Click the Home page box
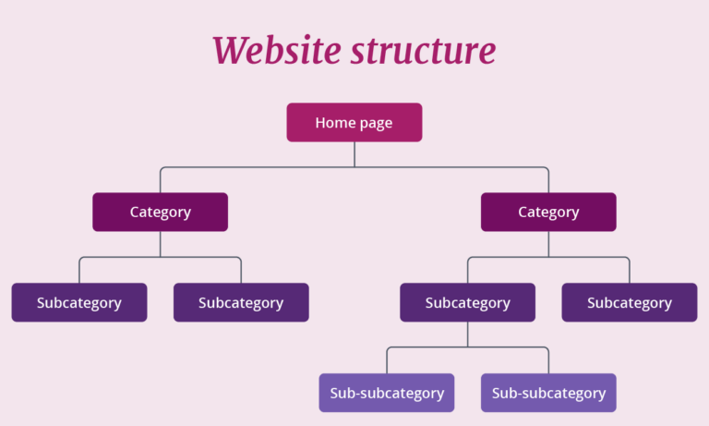click(354, 122)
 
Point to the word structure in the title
click(422, 50)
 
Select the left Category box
click(160, 212)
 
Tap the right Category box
click(548, 212)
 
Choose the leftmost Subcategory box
click(79, 302)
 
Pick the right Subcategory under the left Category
click(241, 302)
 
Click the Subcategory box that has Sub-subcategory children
click(467, 302)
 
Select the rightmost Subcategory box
click(630, 302)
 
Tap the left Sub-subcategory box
click(387, 393)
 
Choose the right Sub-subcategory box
click(548, 393)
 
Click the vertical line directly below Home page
click(354, 154)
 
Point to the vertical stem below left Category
click(161, 244)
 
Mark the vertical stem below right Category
click(548, 244)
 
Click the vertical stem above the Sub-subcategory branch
click(467, 335)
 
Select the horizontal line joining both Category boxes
click(258, 167)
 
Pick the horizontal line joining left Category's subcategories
click(120, 258)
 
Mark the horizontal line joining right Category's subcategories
click(591, 258)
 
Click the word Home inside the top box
click(332, 122)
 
